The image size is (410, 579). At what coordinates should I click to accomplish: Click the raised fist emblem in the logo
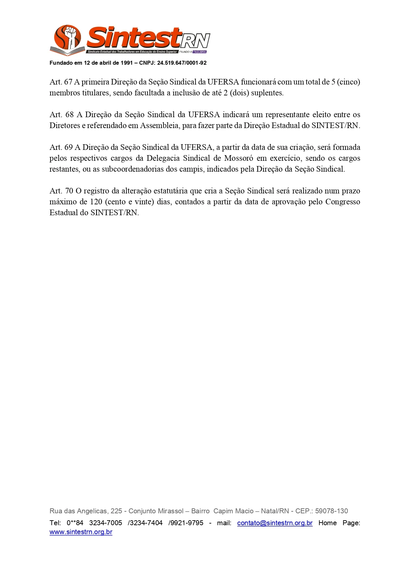[71, 36]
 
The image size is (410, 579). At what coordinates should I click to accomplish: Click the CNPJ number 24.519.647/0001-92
[182, 63]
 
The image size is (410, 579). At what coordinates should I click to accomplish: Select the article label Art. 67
[61, 82]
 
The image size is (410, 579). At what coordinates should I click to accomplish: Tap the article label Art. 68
[61, 115]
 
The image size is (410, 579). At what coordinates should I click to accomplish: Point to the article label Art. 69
[61, 147]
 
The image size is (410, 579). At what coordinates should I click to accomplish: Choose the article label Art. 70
[61, 191]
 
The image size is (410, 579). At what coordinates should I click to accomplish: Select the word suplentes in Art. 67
[267, 93]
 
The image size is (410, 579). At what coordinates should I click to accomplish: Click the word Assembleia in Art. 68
[159, 125]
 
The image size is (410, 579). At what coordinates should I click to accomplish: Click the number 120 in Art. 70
[96, 202]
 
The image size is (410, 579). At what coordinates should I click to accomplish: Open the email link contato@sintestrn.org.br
[275, 523]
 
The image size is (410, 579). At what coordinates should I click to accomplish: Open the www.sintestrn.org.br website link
[81, 532]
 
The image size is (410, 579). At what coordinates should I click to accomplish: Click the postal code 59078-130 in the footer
[331, 511]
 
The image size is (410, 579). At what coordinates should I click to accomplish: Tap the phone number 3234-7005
[105, 523]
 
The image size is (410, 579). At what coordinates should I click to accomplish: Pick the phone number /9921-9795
[186, 523]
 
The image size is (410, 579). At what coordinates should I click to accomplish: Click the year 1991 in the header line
[127, 63]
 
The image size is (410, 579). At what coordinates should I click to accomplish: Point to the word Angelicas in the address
[92, 511]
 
